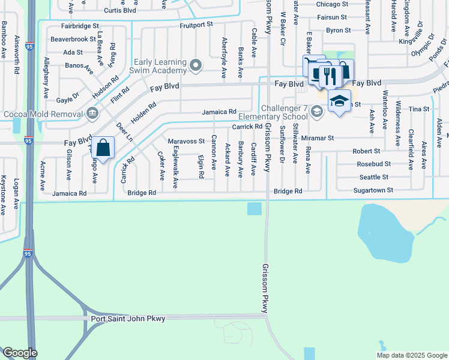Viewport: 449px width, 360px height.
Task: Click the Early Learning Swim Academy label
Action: pyautogui.click(x=157, y=66)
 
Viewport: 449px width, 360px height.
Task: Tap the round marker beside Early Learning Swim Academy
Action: pyautogui.click(x=195, y=65)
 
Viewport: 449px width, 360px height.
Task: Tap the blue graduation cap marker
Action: pyautogui.click(x=339, y=101)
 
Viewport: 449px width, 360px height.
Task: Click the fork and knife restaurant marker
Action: pyautogui.click(x=328, y=74)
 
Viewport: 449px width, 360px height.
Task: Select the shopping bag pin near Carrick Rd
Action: pyautogui.click(x=103, y=147)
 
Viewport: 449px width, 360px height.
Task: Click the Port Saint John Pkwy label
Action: pyautogui.click(x=127, y=318)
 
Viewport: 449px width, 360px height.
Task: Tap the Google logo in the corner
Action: pyautogui.click(x=20, y=353)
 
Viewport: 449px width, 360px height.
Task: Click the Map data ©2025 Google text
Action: pyautogui.click(x=412, y=355)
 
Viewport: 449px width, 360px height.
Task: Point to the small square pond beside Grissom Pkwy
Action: pyautogui.click(x=254, y=208)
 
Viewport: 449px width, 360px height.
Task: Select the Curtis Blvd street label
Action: pyautogui.click(x=121, y=11)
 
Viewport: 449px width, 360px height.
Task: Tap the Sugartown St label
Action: pyautogui.click(x=373, y=190)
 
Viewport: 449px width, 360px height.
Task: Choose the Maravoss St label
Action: pyautogui.click(x=186, y=141)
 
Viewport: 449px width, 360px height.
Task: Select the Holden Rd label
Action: pyautogui.click(x=143, y=112)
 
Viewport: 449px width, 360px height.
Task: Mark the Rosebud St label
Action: pyautogui.click(x=373, y=164)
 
